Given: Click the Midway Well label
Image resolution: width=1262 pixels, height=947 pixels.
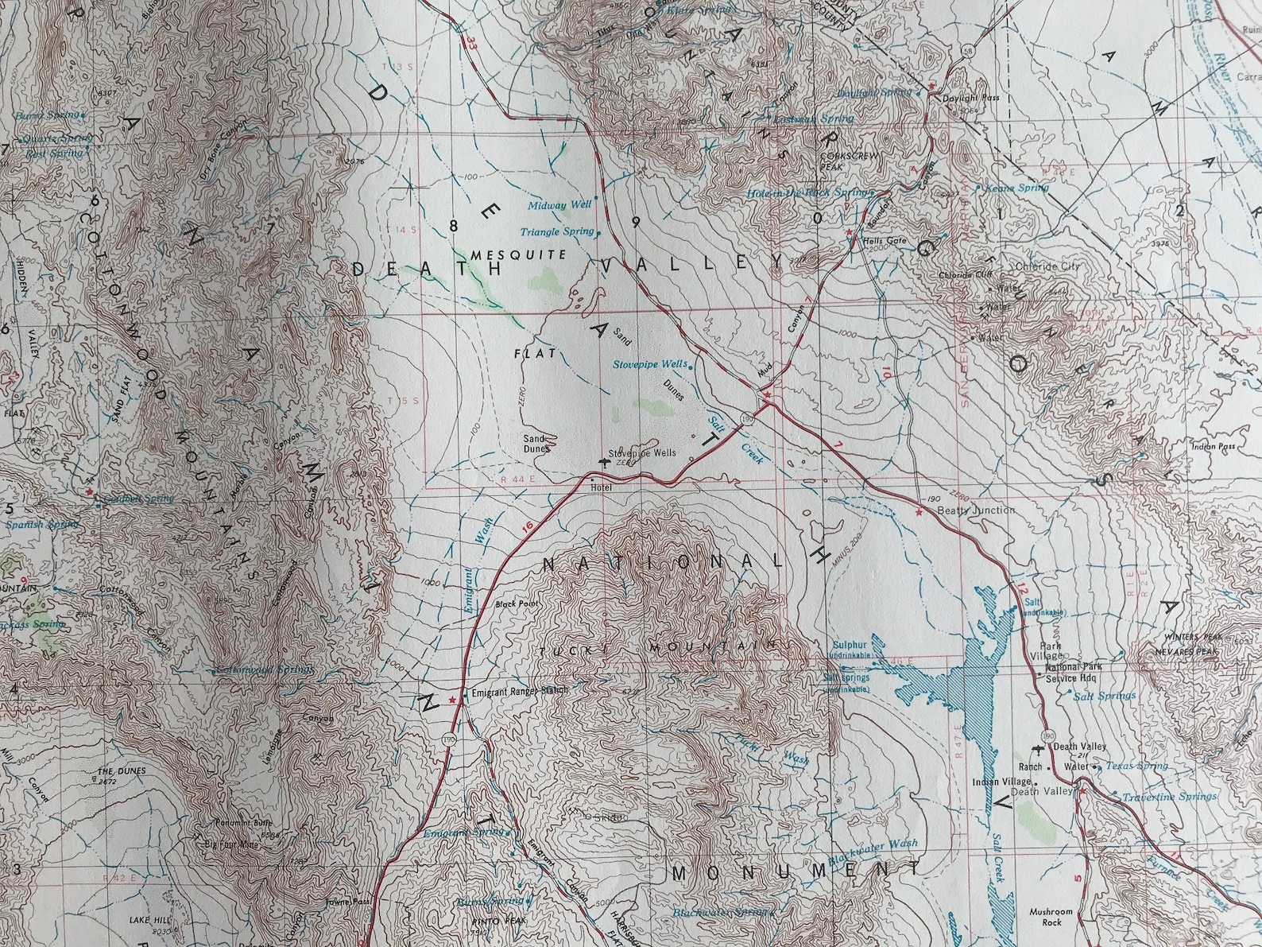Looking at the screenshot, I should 560,205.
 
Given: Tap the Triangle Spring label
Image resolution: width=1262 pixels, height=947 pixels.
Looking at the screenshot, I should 557,232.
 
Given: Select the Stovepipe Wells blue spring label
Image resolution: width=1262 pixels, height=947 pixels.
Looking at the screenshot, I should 650,364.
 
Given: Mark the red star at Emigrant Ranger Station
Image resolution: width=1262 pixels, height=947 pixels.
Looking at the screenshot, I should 452,700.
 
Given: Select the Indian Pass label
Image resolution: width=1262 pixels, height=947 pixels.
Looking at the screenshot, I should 1214,447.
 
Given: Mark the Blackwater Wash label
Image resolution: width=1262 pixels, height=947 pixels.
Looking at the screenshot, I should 873,852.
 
